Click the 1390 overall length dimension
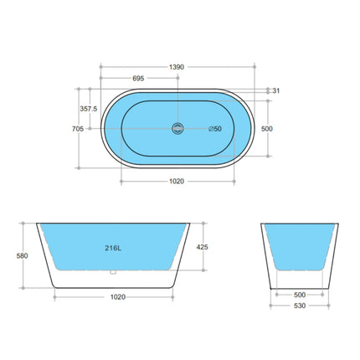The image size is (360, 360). [x=177, y=64]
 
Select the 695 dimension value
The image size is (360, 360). [x=138, y=77]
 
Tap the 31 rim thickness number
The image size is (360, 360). [x=276, y=90]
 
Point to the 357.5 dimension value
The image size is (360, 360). [x=89, y=108]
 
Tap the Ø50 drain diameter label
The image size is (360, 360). [x=215, y=128]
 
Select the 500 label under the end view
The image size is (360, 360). [x=298, y=295]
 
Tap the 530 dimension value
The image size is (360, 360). [x=298, y=306]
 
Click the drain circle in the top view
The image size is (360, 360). [x=177, y=128]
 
